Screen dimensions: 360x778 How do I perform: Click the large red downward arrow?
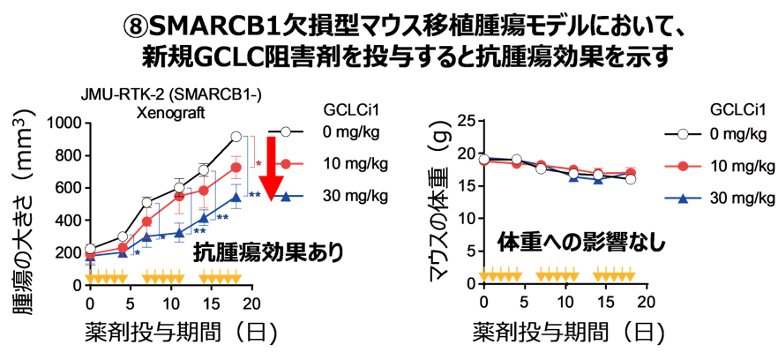pyautogui.click(x=274, y=168)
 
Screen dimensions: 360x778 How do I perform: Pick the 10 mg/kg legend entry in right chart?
pyautogui.click(x=739, y=165)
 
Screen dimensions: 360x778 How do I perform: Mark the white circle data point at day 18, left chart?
pyautogui.click(x=236, y=137)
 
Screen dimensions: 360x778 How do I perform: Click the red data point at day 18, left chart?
pyautogui.click(x=236, y=167)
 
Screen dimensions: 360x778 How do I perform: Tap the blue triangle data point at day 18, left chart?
pyautogui.click(x=236, y=197)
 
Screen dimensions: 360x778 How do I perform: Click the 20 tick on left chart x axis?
pyautogui.click(x=252, y=303)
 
